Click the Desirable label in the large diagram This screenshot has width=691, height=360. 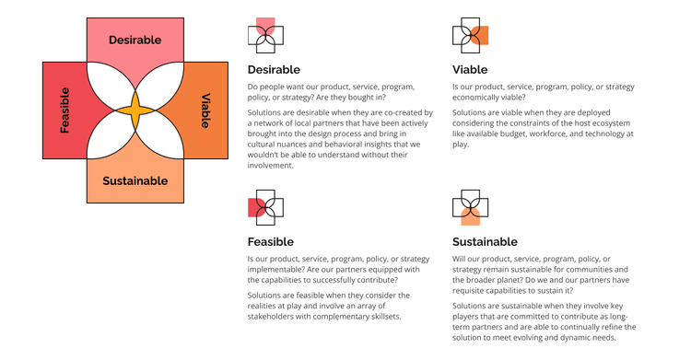coord(135,40)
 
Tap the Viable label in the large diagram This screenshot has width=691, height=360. coord(205,110)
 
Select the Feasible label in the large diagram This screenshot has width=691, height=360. coord(64,110)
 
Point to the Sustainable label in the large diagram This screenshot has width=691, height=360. coord(135,180)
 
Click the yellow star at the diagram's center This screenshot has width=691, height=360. coord(135,110)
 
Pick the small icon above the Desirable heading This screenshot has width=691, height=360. coord(265,35)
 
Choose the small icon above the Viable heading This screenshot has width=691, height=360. coord(470,35)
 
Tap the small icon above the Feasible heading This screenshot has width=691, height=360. coord(265,207)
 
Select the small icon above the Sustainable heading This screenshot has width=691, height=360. coord(470,207)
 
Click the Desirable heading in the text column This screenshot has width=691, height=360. coord(274,69)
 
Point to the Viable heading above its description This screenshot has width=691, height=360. coord(470,69)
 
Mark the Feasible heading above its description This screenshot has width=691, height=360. coord(271,241)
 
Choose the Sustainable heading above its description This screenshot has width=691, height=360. coord(485,241)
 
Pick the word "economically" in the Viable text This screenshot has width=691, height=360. coord(480,98)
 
